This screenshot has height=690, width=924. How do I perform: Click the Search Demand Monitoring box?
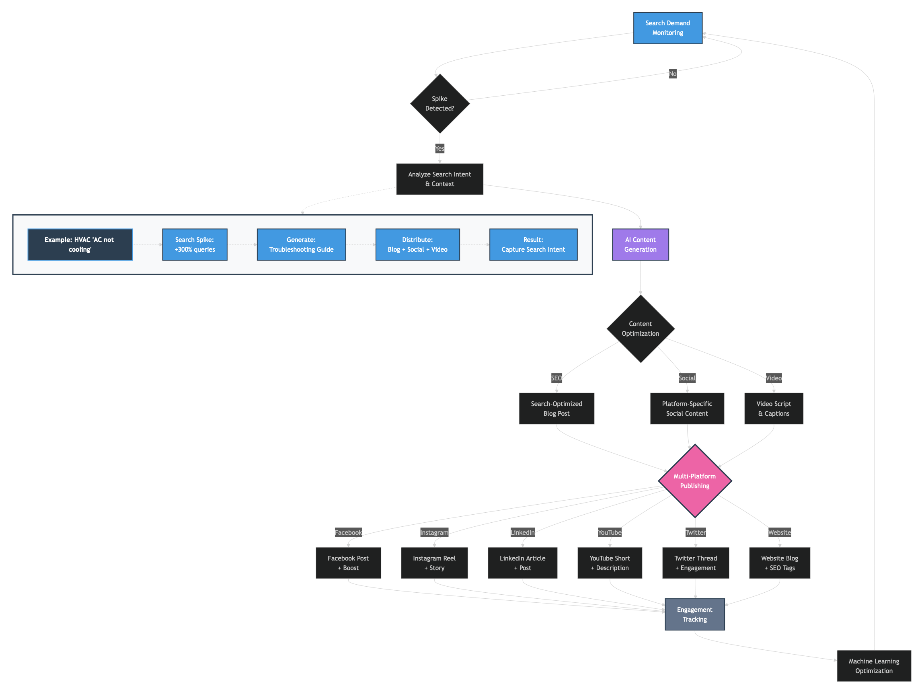tap(667, 28)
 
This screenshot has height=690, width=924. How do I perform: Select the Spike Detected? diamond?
tap(439, 104)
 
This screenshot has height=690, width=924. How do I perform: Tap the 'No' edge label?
tap(672, 74)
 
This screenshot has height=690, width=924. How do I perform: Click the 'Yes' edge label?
tap(439, 149)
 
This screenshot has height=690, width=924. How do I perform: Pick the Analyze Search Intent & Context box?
tap(439, 179)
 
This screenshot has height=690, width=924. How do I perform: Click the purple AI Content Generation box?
tap(640, 245)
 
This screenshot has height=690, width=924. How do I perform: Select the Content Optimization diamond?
tap(640, 329)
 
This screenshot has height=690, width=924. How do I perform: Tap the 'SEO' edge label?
tap(556, 378)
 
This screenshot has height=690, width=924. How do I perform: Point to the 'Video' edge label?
tap(773, 378)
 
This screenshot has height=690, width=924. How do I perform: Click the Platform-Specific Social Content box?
tap(687, 409)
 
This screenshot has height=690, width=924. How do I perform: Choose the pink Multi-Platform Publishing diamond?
tap(694, 481)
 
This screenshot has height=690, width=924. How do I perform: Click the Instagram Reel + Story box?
tap(434, 563)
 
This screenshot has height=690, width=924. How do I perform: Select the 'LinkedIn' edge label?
tap(522, 532)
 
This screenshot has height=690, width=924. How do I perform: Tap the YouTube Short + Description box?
tap(610, 563)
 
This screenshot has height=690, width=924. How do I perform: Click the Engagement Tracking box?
tap(694, 614)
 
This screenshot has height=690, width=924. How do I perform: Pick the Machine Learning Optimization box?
tap(873, 666)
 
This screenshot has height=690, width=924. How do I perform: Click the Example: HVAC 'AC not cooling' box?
tap(80, 245)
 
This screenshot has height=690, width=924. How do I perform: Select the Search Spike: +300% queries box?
tap(195, 245)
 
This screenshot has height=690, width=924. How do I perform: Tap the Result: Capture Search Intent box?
tap(533, 245)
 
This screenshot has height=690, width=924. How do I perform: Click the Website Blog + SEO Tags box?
tap(780, 563)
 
